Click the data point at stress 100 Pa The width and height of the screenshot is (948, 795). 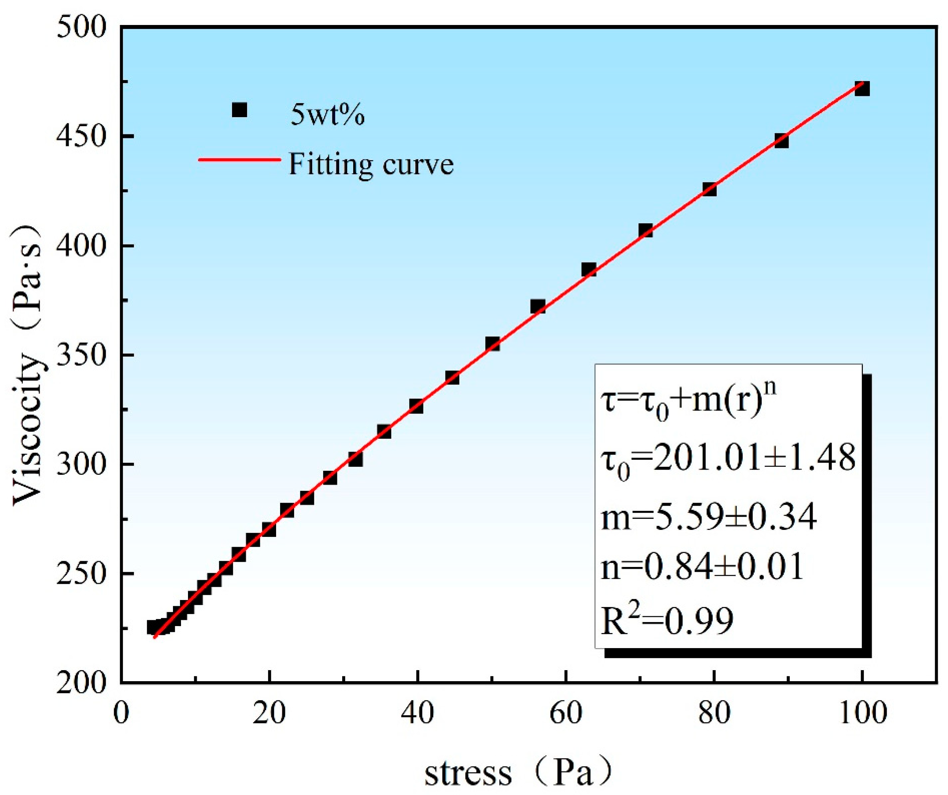tap(862, 89)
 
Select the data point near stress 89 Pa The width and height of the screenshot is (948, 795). tap(781, 141)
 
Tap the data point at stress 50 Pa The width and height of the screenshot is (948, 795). tap(492, 344)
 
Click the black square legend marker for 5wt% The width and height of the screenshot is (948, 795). tap(239, 110)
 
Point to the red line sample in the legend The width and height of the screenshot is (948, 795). tap(239, 159)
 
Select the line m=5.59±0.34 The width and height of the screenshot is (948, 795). tap(709, 516)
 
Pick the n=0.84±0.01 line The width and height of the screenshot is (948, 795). tap(702, 567)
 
